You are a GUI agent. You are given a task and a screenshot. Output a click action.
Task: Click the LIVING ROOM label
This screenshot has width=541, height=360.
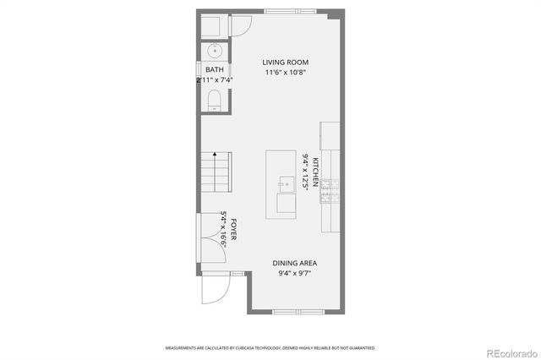(x=285, y=63)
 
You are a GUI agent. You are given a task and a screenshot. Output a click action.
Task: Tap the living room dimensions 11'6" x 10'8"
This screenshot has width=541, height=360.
(x=285, y=73)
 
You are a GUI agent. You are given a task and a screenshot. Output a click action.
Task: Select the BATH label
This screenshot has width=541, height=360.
(x=214, y=70)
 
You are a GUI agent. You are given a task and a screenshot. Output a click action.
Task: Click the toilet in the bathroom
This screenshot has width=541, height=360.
(x=214, y=102)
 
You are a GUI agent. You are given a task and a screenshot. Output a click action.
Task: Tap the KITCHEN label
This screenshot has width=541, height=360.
(x=315, y=172)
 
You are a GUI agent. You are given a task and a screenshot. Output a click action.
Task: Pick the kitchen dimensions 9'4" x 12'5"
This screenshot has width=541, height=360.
(x=305, y=172)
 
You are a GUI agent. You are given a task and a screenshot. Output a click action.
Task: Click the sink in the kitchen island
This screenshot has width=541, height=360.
(x=286, y=183)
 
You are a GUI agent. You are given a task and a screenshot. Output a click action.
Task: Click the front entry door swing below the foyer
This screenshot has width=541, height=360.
(x=214, y=292)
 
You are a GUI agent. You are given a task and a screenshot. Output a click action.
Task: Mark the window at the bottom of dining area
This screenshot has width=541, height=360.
(x=297, y=312)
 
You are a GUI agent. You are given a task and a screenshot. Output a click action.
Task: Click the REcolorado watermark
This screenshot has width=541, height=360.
(x=506, y=352)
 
